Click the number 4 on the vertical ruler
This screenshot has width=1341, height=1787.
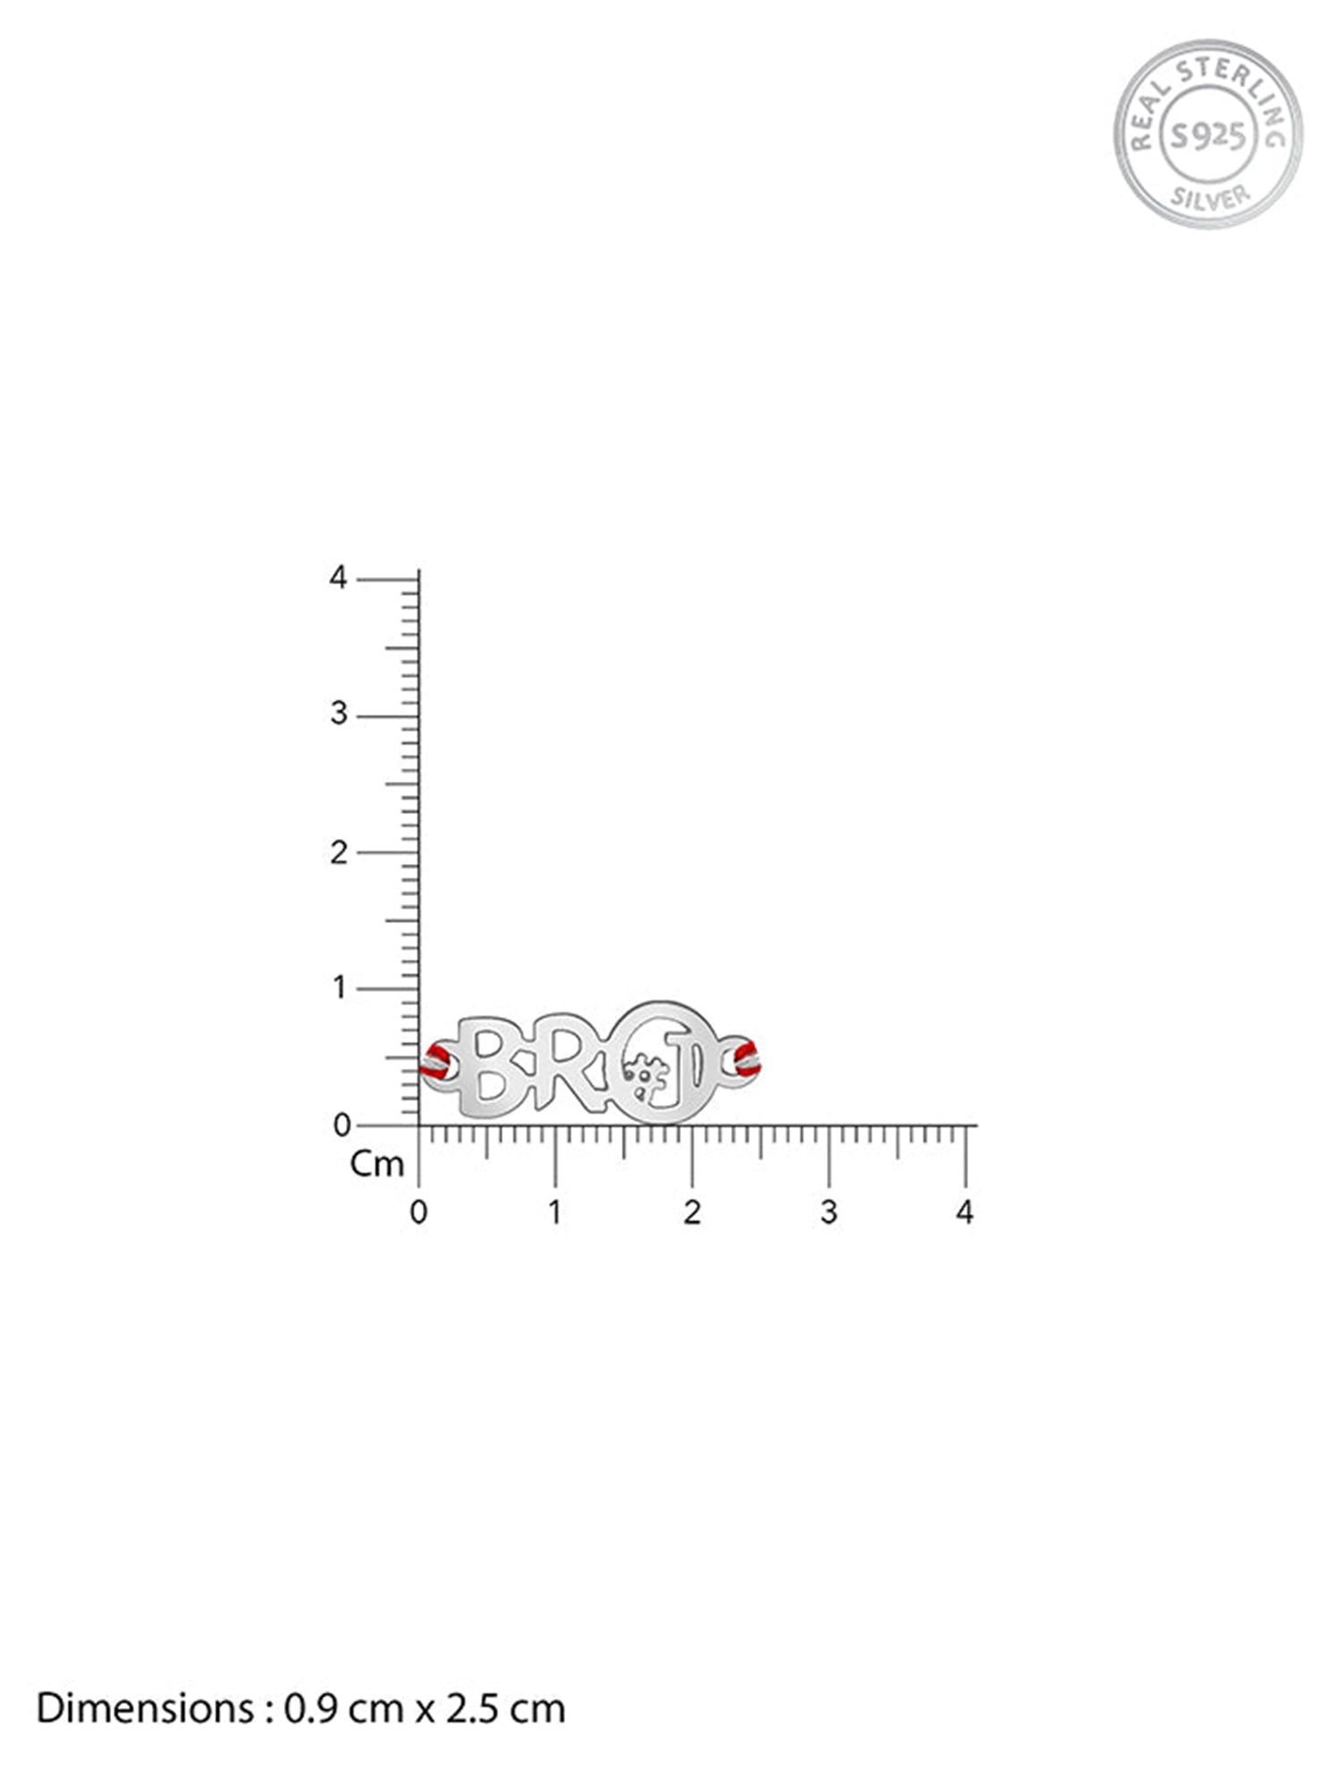[x=338, y=578]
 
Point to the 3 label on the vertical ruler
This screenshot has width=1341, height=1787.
[x=338, y=715]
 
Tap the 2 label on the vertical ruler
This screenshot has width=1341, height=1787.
[x=338, y=852]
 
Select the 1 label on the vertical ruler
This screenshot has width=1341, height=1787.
[x=339, y=988]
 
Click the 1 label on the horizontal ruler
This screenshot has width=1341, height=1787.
[x=555, y=1212]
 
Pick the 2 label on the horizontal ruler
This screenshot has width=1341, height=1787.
[x=692, y=1212]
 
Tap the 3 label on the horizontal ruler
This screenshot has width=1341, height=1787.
[x=829, y=1212]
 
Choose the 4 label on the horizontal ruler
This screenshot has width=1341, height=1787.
[x=965, y=1212]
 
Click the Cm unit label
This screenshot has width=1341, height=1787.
[x=377, y=1163]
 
